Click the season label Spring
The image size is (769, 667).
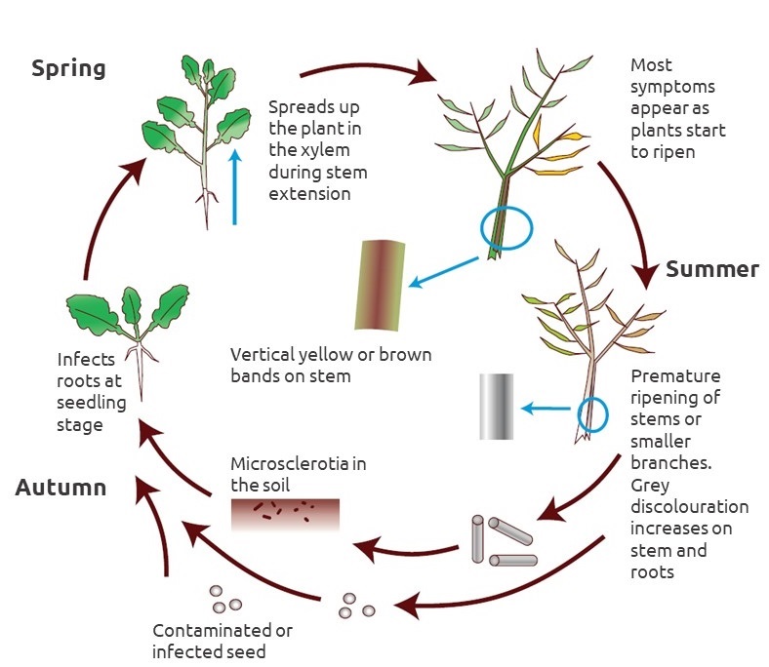click(68, 69)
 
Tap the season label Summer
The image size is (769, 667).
click(711, 269)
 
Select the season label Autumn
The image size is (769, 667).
click(61, 488)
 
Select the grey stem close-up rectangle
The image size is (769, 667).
click(496, 406)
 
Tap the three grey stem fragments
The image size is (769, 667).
click(503, 542)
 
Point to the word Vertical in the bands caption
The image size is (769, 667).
click(260, 354)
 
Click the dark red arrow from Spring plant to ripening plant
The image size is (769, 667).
click(366, 70)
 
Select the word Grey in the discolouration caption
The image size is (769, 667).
click(651, 485)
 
